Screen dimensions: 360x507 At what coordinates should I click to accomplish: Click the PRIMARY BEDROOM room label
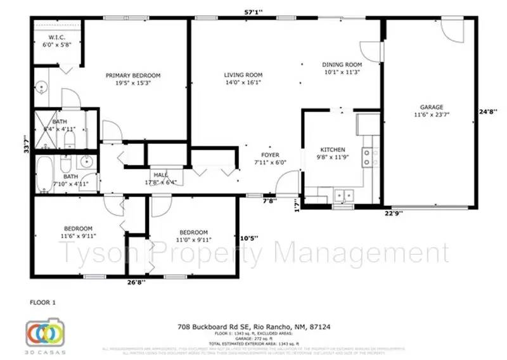[133, 75]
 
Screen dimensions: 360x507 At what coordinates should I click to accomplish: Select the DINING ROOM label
[342, 65]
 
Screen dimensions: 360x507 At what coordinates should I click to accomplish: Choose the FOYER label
[271, 155]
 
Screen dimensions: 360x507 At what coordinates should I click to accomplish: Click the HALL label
[159, 175]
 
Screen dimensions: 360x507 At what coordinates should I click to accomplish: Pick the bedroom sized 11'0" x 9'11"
[193, 232]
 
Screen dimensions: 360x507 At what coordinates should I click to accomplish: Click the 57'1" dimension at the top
[253, 11]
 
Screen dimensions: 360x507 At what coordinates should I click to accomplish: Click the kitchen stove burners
[366, 157]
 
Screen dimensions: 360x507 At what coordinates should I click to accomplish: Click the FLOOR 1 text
[43, 302]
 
